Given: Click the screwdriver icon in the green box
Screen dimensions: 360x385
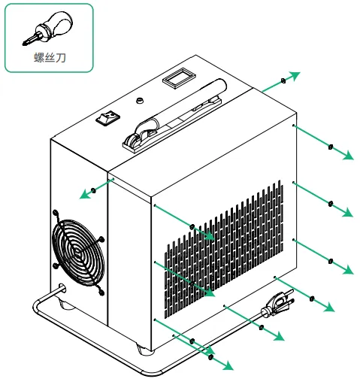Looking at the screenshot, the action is pos(47,29).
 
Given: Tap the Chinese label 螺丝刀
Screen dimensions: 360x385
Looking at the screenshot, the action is pos(50,57).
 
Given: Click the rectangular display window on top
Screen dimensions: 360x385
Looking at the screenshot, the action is pos(179,78).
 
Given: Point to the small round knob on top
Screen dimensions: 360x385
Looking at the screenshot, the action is pos(140,101).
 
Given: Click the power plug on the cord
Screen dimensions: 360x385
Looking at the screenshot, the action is pos(277,304).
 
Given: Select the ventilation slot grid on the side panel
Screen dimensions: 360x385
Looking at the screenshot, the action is pos(224,249).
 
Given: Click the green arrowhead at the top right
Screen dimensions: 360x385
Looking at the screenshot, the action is pos(295,76).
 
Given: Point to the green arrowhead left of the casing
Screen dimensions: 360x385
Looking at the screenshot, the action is pos(84,194).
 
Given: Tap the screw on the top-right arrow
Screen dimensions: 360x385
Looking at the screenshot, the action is pos(283,81).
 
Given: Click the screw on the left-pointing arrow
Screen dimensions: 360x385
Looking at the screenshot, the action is pos(93,190).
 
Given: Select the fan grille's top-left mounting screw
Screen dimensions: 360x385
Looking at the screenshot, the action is pos(56,214).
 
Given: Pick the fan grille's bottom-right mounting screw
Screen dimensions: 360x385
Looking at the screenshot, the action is pos(101,293).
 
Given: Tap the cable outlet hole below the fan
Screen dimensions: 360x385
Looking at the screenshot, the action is pos(62,289).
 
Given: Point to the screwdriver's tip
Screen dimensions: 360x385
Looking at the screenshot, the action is pos(23,44).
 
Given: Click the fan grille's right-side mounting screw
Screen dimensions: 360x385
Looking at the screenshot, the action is pos(101,238).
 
